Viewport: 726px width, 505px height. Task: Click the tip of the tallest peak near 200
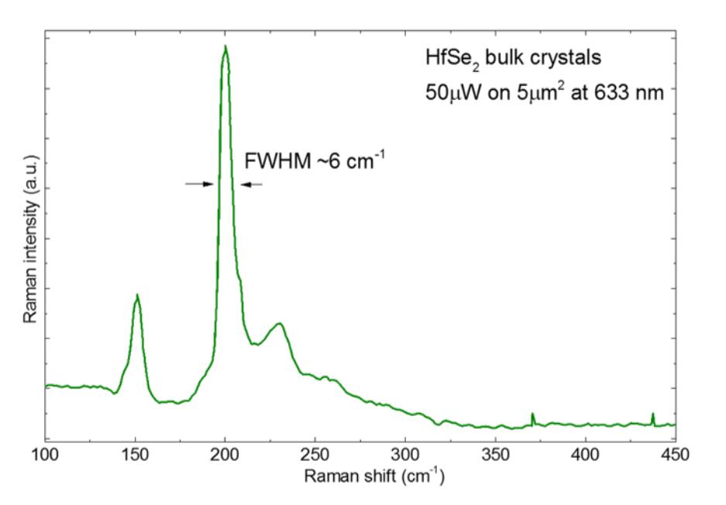click(225, 46)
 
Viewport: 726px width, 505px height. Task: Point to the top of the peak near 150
click(137, 295)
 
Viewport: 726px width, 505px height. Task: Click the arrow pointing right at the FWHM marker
click(199, 184)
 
